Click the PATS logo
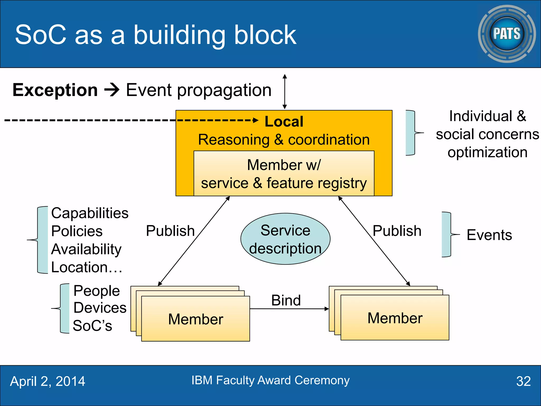(507, 34)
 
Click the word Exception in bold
(55, 90)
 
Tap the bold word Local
(284, 122)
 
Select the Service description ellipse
(285, 239)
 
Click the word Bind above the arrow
(286, 300)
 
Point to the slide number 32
(523, 381)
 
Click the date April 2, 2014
(48, 381)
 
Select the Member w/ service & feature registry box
(284, 173)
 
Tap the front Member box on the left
(195, 319)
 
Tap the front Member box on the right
(395, 318)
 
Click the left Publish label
(170, 231)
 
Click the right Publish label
(397, 231)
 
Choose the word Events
(489, 235)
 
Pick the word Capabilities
(90, 213)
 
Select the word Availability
(86, 249)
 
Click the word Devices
(100, 308)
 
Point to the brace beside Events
(447, 234)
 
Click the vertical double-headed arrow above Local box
(285, 91)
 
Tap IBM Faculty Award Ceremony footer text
(270, 380)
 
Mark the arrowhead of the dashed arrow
(256, 121)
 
